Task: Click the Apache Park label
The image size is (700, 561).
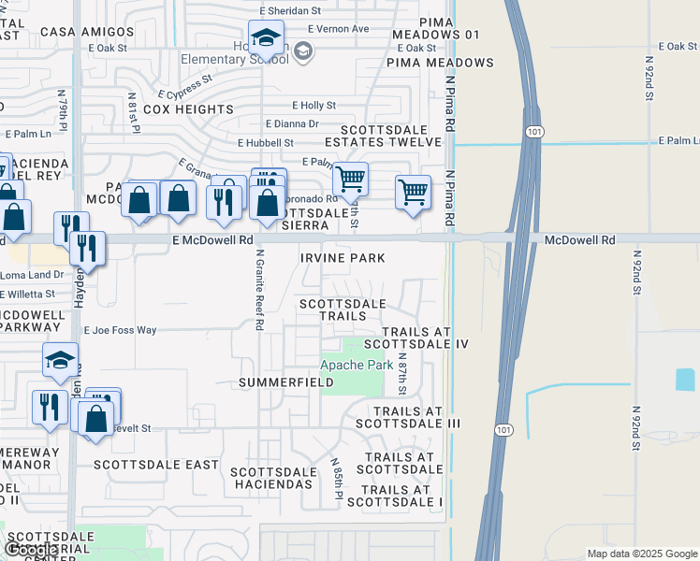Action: (x=357, y=365)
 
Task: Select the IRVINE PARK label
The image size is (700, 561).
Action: (x=343, y=257)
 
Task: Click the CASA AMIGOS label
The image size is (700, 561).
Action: (x=87, y=32)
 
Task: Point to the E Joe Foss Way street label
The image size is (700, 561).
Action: (x=121, y=330)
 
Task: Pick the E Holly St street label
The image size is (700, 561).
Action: (x=314, y=106)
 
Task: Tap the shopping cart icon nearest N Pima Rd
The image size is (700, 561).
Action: (x=413, y=193)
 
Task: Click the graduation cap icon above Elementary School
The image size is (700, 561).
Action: (x=267, y=38)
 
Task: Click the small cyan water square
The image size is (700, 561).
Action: (x=684, y=380)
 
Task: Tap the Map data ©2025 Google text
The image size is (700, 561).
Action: (x=642, y=553)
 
